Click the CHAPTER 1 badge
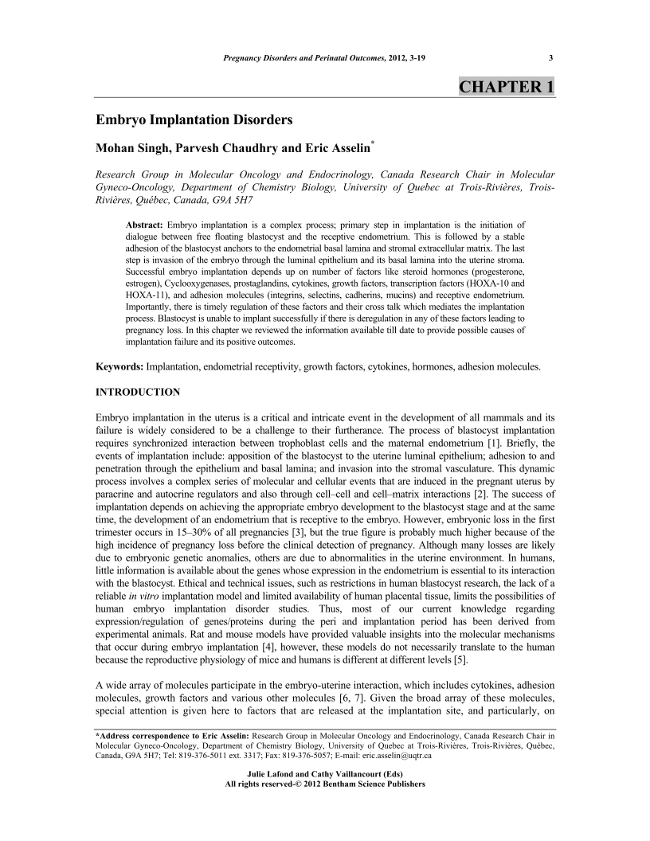tap(507, 87)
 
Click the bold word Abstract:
tap(147, 215)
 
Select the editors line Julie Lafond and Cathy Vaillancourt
tap(325, 774)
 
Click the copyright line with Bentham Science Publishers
tap(325, 784)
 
